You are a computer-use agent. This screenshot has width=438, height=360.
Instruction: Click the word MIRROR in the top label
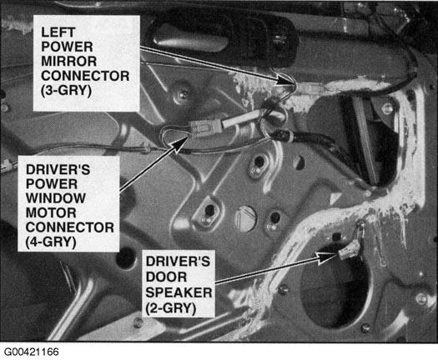click(68, 61)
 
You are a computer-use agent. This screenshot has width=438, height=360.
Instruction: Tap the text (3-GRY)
click(66, 91)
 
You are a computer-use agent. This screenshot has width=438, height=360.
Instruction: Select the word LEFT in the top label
click(58, 32)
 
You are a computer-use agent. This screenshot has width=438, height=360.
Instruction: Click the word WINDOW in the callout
click(56, 198)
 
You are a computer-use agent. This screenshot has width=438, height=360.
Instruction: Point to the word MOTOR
click(51, 212)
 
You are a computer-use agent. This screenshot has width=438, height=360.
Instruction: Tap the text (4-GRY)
click(51, 242)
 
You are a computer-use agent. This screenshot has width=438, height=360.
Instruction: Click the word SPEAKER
click(179, 292)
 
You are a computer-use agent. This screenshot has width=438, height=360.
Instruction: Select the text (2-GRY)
click(170, 308)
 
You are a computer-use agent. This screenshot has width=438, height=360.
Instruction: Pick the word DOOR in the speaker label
click(166, 277)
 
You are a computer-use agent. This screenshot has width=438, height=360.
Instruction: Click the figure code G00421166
click(32, 352)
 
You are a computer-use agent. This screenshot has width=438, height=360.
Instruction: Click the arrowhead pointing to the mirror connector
click(285, 81)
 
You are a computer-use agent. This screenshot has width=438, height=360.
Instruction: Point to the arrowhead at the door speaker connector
click(327, 257)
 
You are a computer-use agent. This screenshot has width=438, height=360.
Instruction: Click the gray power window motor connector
click(206, 128)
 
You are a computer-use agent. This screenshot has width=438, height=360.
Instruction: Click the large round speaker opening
click(335, 287)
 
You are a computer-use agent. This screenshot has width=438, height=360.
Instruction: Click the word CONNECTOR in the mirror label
click(85, 76)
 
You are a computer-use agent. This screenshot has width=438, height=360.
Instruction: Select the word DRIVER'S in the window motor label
click(58, 169)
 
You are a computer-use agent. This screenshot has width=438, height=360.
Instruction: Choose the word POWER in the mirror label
click(67, 47)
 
